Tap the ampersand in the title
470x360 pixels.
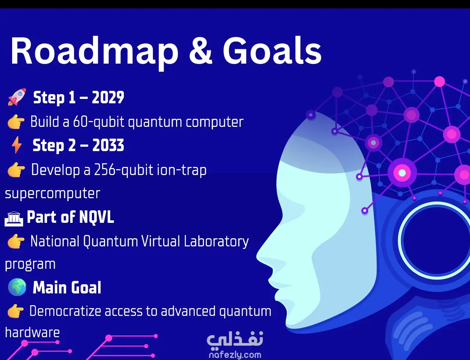coord(200,51)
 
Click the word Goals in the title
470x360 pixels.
coord(272,51)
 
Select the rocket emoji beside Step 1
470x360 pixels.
coord(17,97)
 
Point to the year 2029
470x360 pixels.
coord(108,97)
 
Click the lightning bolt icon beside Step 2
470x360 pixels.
coord(17,145)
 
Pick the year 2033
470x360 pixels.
coord(108,145)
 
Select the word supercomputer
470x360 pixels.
coord(53,193)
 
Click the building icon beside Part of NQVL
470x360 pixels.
coord(14,219)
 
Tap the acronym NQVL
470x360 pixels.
coord(97,217)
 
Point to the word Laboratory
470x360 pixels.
coord(216,242)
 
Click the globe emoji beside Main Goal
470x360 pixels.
coord(17,287)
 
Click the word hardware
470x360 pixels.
coord(32,332)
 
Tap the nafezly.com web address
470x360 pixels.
coord(235,355)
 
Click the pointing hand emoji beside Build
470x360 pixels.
coord(16,122)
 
